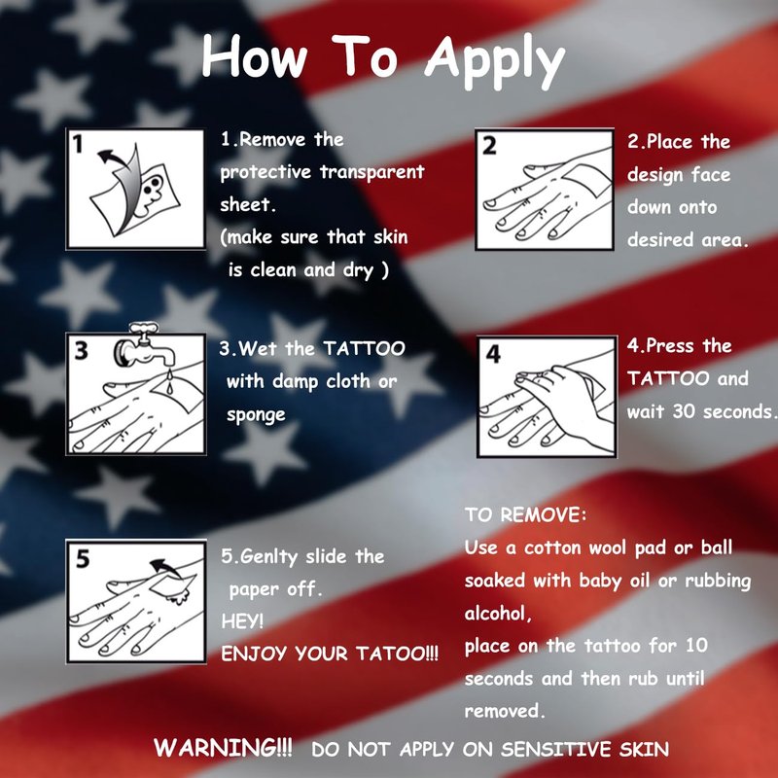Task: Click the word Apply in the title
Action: coord(495,61)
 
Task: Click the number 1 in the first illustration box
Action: coord(78,144)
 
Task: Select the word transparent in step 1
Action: coord(371,172)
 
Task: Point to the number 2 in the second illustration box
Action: coord(489,145)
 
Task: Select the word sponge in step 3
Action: coord(256,415)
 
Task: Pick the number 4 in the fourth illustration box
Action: coord(493,353)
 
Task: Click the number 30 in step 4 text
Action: coord(684,411)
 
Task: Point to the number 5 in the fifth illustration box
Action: coord(83,558)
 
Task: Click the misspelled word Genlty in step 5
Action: coord(265,556)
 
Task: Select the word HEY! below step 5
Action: coord(242,620)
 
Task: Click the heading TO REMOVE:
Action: coord(525,514)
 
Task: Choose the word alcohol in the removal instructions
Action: coord(498,614)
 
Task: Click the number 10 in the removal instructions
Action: coord(696,645)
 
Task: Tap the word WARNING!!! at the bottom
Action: coord(223,747)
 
